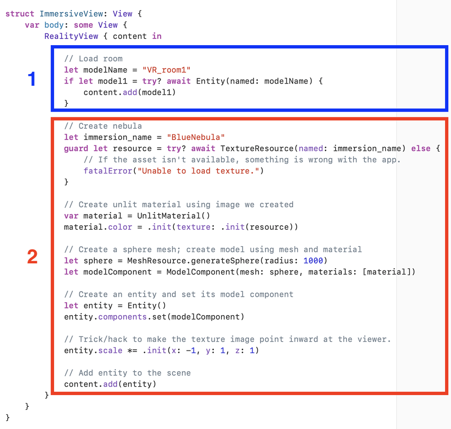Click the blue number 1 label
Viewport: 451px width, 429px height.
(32, 79)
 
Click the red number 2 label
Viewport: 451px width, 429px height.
(32, 257)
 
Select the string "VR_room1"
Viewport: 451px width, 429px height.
(167, 70)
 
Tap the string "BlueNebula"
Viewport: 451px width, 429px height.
(195, 137)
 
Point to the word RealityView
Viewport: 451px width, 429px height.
(71, 36)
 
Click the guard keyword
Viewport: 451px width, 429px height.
(76, 149)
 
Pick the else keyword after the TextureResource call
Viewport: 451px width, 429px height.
(420, 149)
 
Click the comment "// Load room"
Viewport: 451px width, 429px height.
(93, 59)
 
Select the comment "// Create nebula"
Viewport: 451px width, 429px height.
(103, 126)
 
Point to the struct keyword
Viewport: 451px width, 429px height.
(20, 14)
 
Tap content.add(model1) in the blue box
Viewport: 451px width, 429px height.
(129, 92)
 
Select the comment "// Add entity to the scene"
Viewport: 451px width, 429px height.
(127, 373)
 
